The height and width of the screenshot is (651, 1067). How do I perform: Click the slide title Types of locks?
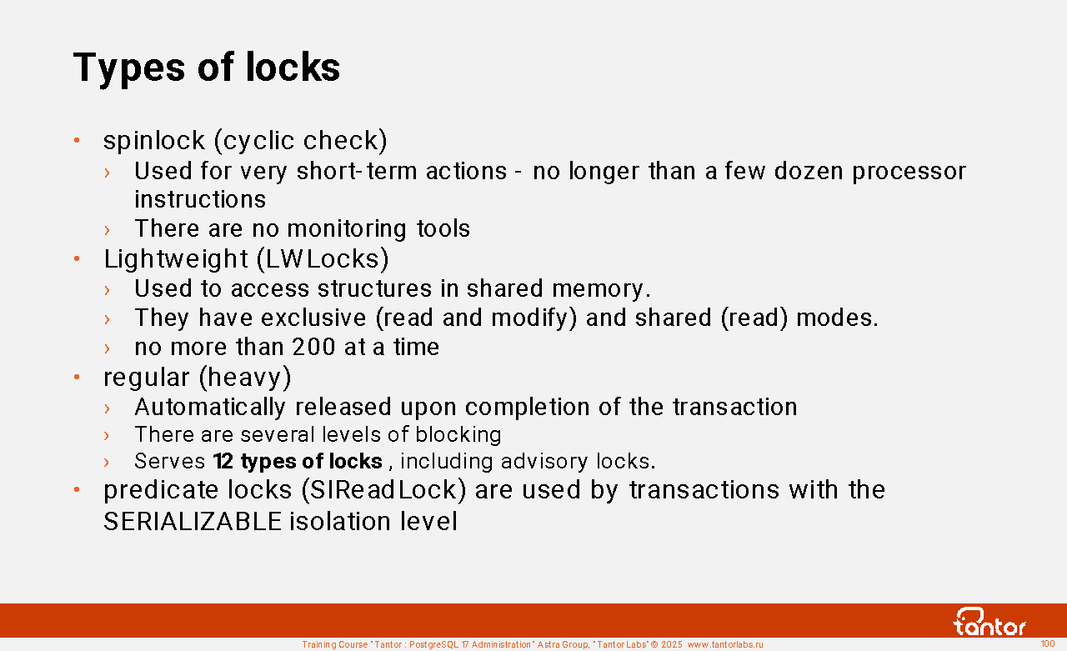[207, 68]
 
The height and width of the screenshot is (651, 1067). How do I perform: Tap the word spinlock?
[154, 141]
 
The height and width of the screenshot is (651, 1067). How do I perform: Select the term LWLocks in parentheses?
[323, 259]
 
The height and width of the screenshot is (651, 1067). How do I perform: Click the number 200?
[314, 347]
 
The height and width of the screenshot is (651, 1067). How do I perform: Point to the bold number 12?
[223, 461]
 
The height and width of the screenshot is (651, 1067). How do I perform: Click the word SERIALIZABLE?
[193, 521]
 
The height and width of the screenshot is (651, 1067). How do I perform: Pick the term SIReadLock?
[383, 490]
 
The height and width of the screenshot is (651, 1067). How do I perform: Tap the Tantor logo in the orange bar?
[989, 622]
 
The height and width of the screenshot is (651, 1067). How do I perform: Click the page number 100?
[1048, 643]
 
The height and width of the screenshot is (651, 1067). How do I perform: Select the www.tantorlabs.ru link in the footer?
[725, 644]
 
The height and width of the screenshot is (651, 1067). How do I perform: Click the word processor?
[909, 172]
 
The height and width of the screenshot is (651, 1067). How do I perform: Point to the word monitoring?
[347, 229]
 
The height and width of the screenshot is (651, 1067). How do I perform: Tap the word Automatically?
[209, 408]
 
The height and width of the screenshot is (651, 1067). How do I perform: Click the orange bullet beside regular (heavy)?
[77, 377]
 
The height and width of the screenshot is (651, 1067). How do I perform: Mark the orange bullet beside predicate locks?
[77, 489]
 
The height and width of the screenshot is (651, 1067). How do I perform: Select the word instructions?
[200, 199]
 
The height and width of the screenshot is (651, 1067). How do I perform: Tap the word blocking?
[458, 435]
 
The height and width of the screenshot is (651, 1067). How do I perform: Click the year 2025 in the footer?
[672, 644]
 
